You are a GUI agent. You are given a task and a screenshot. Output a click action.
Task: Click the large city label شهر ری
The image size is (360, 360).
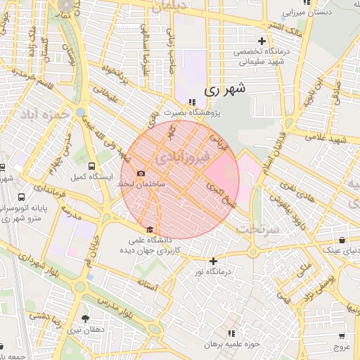coord(226,90)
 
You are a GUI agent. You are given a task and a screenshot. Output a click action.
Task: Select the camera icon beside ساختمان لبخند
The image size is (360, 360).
coord(141,174)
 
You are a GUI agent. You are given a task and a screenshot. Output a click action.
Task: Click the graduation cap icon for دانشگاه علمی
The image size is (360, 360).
coord(149,229)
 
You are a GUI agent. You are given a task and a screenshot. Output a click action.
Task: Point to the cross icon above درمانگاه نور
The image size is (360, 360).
coord(213,261)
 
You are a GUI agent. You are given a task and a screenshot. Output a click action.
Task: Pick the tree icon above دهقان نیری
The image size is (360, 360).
coord(86,319)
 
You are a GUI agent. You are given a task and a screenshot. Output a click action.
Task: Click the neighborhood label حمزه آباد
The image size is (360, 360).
coord(45,114)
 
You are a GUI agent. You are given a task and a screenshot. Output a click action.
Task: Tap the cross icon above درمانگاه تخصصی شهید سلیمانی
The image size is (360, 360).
coord(262,41)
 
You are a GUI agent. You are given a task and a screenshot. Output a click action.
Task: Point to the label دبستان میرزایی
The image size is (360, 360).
coord(306,13)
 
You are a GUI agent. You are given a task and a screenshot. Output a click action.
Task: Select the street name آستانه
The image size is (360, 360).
coord(152,283)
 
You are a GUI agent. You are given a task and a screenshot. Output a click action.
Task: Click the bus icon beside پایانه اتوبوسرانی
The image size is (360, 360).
coord(22,198)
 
